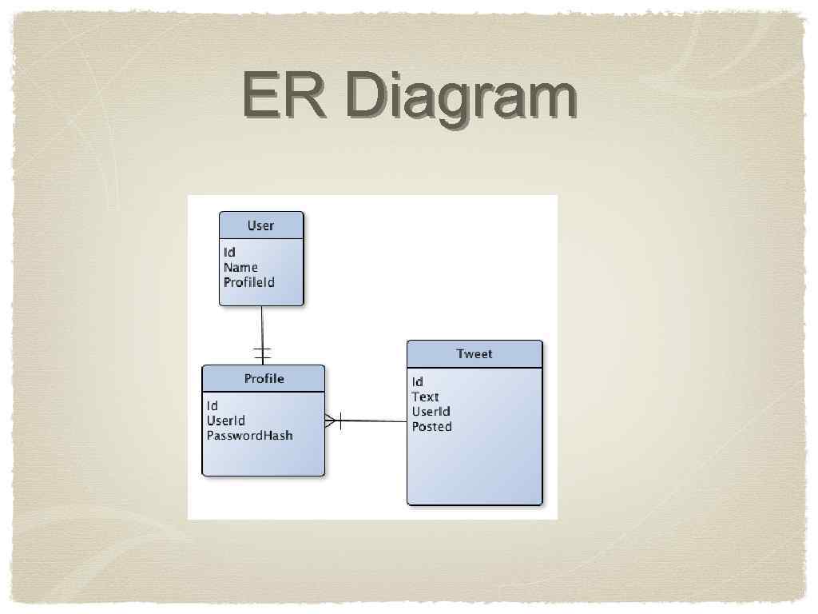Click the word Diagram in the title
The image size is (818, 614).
(461, 98)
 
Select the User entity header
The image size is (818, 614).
(261, 225)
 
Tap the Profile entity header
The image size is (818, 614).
(264, 378)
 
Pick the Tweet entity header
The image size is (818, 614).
(475, 353)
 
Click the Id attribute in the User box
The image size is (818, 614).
(230, 253)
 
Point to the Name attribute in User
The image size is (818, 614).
(240, 267)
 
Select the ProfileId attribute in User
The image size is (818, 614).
(249, 282)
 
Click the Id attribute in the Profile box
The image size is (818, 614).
(212, 406)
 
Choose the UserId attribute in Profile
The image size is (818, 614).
(226, 421)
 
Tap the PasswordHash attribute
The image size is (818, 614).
(250, 436)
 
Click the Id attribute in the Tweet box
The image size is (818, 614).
(418, 381)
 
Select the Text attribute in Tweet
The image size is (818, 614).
(426, 397)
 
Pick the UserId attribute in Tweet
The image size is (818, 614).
(431, 412)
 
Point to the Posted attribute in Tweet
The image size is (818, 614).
(432, 427)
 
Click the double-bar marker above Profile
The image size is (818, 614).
(262, 353)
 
